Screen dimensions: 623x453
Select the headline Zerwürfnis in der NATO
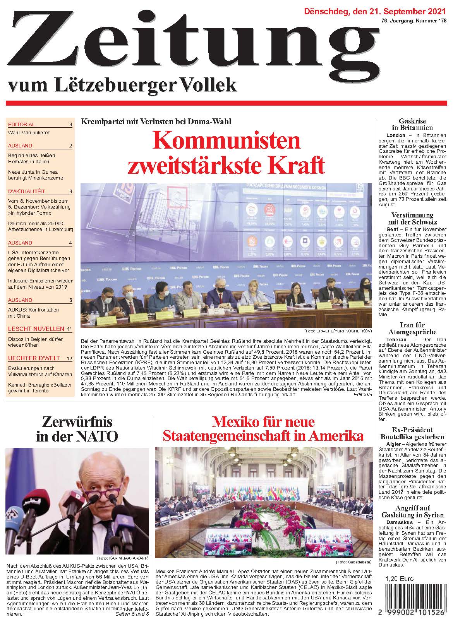coord(77,429)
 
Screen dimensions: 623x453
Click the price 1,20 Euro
coord(399,579)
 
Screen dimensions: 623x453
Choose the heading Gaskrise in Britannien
coord(412,124)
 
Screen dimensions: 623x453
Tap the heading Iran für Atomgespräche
coord(412,329)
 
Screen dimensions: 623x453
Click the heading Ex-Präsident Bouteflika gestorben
coord(412,433)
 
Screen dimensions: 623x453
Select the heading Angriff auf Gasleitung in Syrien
coord(412,512)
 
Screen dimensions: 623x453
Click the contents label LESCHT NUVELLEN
coord(36,329)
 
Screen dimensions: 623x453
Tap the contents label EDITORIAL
coord(21,125)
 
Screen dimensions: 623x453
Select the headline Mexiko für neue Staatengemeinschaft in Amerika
coord(263,429)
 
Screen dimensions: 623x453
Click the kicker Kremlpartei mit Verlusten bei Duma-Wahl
coord(156,122)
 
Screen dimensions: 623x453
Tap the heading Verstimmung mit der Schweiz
coord(412,219)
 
